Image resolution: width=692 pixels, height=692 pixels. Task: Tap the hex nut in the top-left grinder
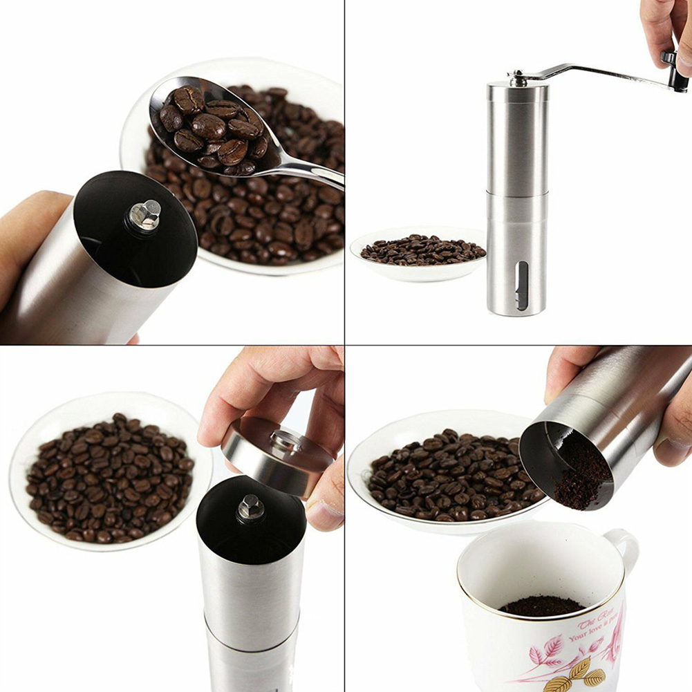(144, 215)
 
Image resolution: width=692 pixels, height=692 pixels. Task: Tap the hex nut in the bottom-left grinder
(251, 507)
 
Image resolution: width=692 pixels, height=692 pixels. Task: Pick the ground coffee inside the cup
(542, 606)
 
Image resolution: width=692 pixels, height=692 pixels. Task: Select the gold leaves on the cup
(577, 674)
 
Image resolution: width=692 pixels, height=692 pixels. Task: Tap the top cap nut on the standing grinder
(517, 78)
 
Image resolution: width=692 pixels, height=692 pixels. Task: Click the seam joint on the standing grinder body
(517, 193)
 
